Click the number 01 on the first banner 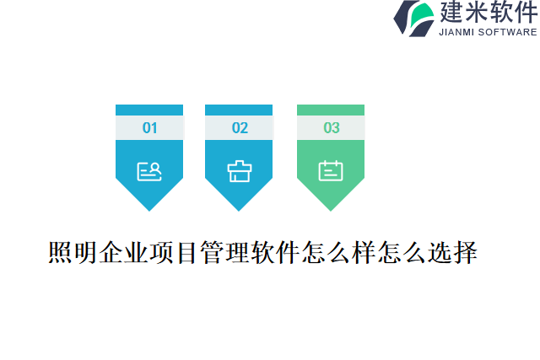[x=149, y=128]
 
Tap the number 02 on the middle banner [x=240, y=128]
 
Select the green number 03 [x=331, y=128]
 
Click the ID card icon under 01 [x=149, y=171]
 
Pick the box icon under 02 [x=240, y=171]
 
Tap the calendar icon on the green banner [x=331, y=171]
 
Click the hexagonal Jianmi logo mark [x=414, y=19]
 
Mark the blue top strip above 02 [x=240, y=110]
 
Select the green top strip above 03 [x=331, y=110]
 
